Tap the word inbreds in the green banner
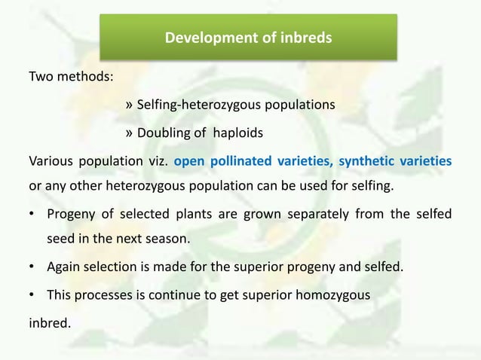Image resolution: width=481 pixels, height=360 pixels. coord(306,37)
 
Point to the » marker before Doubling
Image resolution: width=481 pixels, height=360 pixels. coord(128,133)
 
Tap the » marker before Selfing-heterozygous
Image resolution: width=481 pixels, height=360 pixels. coord(128,105)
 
